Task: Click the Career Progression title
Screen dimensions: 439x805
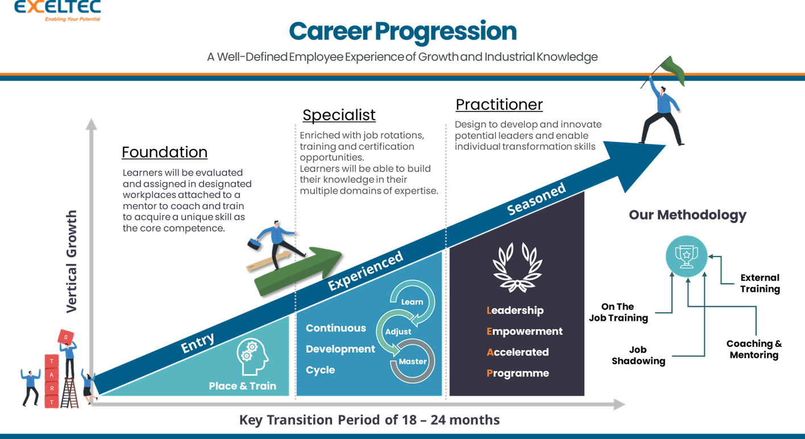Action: click(x=402, y=31)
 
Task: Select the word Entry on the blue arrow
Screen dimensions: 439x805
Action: click(x=197, y=343)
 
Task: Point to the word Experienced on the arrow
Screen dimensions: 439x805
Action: click(x=366, y=270)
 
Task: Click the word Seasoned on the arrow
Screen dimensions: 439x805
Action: click(x=536, y=199)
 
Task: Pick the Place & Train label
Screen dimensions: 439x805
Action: click(x=242, y=386)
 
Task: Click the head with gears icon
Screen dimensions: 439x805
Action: click(x=252, y=357)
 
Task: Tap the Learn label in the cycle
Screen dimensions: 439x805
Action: click(x=412, y=301)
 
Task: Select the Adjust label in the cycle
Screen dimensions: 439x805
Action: click(x=398, y=332)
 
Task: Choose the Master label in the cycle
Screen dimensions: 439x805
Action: click(x=412, y=362)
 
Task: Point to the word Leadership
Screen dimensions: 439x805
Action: click(x=515, y=310)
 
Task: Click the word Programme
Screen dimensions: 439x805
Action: click(x=517, y=374)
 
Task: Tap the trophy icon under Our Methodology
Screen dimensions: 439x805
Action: click(x=686, y=256)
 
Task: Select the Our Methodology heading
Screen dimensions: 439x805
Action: click(x=687, y=216)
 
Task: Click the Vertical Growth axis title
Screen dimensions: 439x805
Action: click(x=72, y=262)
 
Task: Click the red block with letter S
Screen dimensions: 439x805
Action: click(x=66, y=336)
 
